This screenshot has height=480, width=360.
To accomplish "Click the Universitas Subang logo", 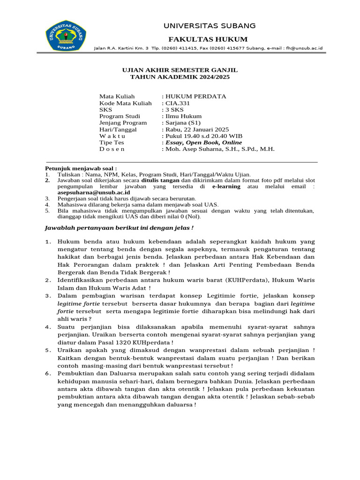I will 66,36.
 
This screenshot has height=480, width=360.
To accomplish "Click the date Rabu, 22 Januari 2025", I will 197,129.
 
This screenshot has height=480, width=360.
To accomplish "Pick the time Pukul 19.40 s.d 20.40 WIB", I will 202,136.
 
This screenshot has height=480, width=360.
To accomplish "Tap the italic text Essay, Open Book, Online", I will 203,142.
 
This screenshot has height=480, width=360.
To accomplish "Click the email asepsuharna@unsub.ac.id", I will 87,192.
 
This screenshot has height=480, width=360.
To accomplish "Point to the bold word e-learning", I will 226,186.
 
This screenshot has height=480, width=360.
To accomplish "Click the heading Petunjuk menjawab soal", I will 80,168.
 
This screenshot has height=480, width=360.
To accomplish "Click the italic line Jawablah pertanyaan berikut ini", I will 119,228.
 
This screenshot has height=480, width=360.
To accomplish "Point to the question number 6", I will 48,373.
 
